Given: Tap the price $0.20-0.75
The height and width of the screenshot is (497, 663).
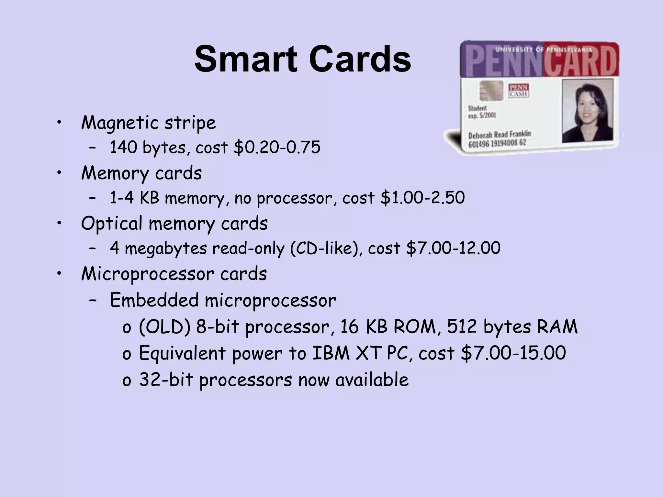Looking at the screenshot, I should [277, 147].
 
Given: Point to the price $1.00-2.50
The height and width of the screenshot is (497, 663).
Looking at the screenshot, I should [423, 198].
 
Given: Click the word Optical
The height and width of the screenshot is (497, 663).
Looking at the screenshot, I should [111, 224].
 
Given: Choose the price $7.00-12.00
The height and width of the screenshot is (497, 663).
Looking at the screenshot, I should [453, 248].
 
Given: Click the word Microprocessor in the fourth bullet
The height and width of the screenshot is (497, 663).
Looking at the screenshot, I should [147, 274].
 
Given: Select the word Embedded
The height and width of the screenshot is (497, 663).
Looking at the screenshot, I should [154, 300].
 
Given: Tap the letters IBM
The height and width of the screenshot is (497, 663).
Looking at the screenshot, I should [331, 353].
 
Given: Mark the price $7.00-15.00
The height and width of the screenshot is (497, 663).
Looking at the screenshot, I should [513, 353].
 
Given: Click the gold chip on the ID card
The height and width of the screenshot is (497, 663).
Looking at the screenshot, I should [491, 91].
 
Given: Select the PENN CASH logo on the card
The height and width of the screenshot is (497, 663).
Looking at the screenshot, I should [519, 91].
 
